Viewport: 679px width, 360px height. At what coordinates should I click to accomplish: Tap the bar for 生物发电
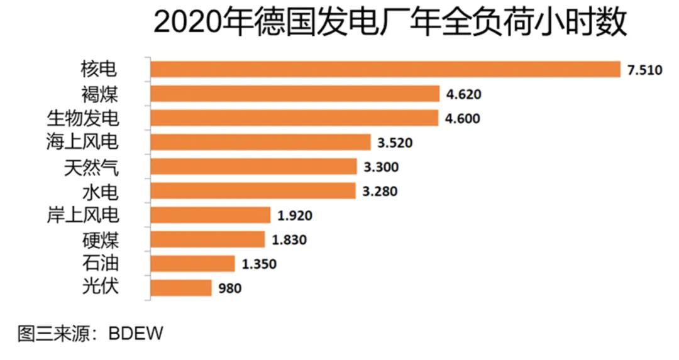point(294,117)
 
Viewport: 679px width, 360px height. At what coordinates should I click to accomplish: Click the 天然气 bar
point(253,166)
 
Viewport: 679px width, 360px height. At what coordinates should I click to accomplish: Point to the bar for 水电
point(253,190)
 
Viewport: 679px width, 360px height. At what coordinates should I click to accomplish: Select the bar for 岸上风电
point(210,215)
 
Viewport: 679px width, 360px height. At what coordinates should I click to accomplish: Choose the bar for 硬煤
point(207,239)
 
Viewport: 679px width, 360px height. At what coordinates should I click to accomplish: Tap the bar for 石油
point(192,263)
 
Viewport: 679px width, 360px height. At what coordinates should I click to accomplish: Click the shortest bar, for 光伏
point(180,288)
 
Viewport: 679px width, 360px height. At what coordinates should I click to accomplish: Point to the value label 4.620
point(463,95)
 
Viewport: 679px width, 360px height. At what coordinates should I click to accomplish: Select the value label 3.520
point(395,143)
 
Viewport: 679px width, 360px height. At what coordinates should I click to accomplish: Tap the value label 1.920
point(295,215)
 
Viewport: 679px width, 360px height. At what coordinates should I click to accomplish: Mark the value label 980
point(229,288)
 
